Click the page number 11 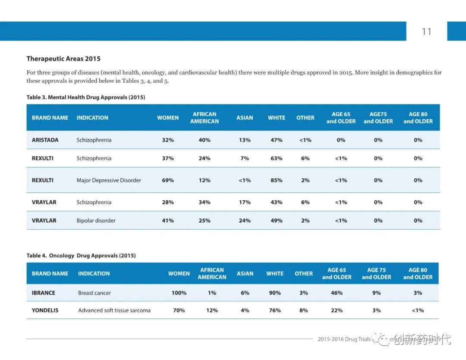pyautogui.click(x=426, y=32)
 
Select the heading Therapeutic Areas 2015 pyautogui.click(x=63, y=59)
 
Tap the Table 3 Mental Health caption pyautogui.click(x=86, y=98)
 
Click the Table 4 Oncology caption pyautogui.click(x=81, y=256)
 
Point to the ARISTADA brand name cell pyautogui.click(x=45, y=140)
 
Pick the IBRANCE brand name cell pyautogui.click(x=43, y=293)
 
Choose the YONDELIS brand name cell pyautogui.click(x=45, y=310)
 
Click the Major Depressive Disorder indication pyautogui.click(x=109, y=180)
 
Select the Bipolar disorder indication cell pyautogui.click(x=96, y=221)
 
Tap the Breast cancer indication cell pyautogui.click(x=94, y=293)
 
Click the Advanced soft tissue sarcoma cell pyautogui.click(x=114, y=310)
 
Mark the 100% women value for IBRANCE pyautogui.click(x=179, y=293)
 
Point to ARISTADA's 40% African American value pyautogui.click(x=205, y=140)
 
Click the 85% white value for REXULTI pyautogui.click(x=277, y=180)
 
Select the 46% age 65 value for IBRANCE pyautogui.click(x=337, y=293)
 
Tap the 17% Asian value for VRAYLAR pyautogui.click(x=245, y=202)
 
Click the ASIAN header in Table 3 pyautogui.click(x=245, y=117)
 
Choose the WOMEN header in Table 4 pyautogui.click(x=179, y=273)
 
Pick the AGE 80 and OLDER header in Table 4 pyautogui.click(x=418, y=273)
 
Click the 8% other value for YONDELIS pyautogui.click(x=304, y=310)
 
